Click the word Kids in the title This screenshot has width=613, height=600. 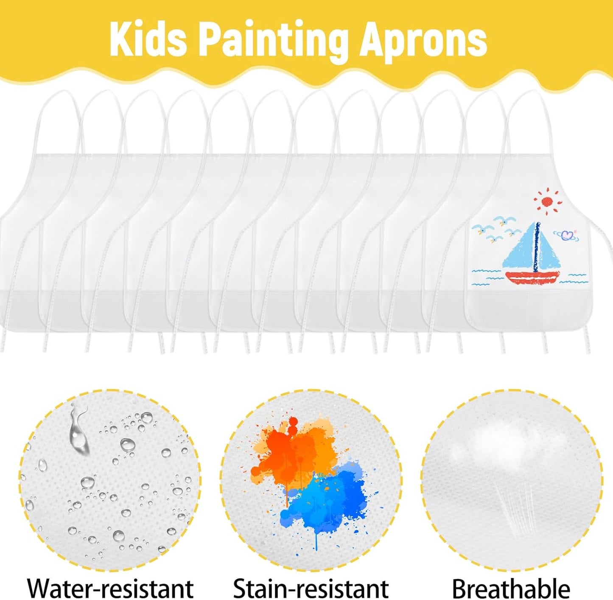click(x=148, y=39)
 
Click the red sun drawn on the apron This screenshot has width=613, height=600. click(x=547, y=202)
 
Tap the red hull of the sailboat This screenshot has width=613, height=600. click(x=532, y=278)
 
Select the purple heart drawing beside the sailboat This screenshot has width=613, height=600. click(x=567, y=235)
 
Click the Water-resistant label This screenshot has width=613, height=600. click(x=110, y=588)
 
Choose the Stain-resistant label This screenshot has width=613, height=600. click(x=311, y=588)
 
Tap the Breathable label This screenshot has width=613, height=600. click(x=511, y=588)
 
